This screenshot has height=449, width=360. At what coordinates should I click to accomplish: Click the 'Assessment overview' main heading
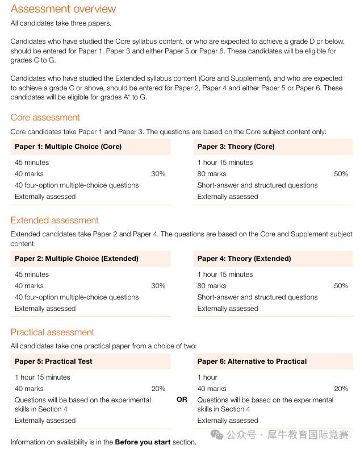[63, 9]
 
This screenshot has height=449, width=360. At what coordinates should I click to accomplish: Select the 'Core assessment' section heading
[45, 118]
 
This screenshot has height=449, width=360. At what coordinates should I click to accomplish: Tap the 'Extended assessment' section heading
[55, 221]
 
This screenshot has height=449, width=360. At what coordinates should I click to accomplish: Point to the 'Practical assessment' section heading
[52, 332]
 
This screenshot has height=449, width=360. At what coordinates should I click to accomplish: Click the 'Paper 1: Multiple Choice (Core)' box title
[68, 147]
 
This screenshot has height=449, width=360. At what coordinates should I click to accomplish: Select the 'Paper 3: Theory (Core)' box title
[236, 147]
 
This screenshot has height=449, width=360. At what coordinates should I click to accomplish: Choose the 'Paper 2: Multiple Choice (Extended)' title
[77, 259]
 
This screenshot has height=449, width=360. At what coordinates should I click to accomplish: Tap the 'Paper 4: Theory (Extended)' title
[244, 259]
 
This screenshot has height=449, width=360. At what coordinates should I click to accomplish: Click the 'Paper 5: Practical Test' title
[53, 361]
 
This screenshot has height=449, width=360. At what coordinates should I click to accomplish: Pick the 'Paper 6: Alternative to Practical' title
[252, 361]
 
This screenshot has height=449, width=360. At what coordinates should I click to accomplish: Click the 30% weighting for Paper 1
[158, 174]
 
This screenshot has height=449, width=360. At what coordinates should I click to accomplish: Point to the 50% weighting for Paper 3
[341, 174]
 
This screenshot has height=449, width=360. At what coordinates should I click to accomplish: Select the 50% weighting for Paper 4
[341, 286]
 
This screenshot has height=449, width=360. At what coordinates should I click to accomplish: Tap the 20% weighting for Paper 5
[158, 389]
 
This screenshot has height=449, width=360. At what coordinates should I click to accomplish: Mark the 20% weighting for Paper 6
[341, 389]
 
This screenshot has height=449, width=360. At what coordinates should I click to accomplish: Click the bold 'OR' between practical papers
[182, 400]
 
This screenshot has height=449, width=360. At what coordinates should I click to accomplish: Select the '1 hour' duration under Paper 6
[207, 377]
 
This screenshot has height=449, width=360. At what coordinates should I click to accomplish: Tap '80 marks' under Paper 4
[212, 286]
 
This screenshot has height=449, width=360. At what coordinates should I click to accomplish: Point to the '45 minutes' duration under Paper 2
[32, 275]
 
